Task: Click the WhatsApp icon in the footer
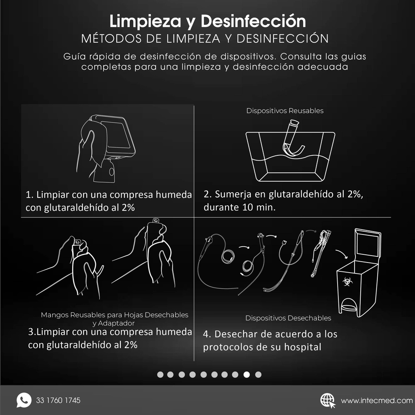coord(24,400)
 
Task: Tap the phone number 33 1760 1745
coord(58,400)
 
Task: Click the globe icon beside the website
coord(327,400)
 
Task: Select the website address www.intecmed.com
coord(376,401)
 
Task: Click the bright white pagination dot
coord(247,374)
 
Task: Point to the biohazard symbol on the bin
coord(345,281)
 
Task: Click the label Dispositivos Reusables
coord(285,111)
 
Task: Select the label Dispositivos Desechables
coord(288,318)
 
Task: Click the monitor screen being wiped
coord(118,136)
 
